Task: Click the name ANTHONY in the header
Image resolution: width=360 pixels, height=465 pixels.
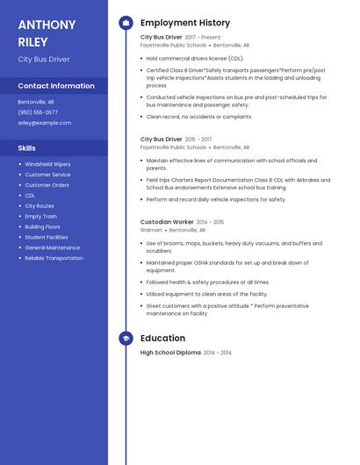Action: click(x=45, y=24)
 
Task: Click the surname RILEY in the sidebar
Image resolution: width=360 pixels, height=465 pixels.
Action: click(x=33, y=41)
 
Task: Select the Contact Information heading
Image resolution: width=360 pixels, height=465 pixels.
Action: click(x=56, y=86)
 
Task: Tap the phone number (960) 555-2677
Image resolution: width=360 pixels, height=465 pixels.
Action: click(x=38, y=112)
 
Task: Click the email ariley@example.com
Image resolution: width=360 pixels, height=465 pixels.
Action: click(x=44, y=123)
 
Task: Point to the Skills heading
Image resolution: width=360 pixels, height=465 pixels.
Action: click(x=27, y=147)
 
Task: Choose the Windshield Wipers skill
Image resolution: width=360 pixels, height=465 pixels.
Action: click(x=47, y=164)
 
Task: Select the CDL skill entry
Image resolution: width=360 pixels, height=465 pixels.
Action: click(x=30, y=196)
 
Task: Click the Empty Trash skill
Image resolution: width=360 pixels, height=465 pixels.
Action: click(x=40, y=216)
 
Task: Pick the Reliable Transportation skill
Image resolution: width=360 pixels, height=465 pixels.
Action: click(x=54, y=258)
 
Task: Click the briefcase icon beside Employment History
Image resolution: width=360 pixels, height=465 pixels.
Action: click(x=126, y=23)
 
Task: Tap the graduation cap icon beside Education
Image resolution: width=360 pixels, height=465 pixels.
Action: click(x=126, y=338)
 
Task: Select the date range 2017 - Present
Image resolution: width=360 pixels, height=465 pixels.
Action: click(x=203, y=38)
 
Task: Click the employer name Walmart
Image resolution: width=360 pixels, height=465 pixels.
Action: click(x=151, y=230)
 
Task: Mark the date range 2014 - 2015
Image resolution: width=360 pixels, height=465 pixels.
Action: click(x=210, y=222)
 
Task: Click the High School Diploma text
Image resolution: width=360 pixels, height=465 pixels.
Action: click(x=170, y=353)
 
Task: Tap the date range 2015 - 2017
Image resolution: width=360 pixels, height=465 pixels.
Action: click(x=198, y=139)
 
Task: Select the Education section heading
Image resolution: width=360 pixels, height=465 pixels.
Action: click(x=162, y=338)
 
